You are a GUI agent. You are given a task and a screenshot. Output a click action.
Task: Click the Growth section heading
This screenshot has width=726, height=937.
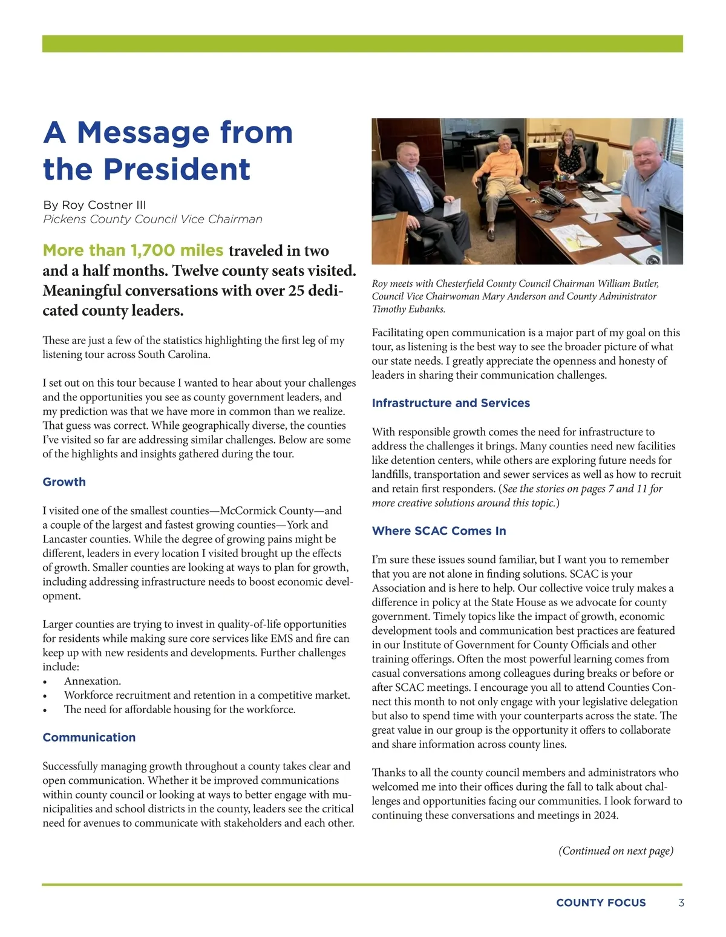[x=64, y=482]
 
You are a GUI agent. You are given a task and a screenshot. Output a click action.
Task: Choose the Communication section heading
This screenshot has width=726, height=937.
[x=89, y=737]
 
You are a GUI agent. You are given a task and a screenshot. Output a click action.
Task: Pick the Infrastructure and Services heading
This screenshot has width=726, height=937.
[x=451, y=403]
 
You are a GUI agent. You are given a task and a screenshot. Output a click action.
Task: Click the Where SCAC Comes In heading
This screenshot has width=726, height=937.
[x=439, y=531]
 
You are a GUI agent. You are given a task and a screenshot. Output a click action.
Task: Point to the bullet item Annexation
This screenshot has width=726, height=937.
[x=93, y=681]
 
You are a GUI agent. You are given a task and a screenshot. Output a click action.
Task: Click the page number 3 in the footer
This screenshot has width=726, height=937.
[x=681, y=903]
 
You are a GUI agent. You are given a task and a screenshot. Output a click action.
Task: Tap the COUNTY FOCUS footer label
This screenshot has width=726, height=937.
[x=601, y=903]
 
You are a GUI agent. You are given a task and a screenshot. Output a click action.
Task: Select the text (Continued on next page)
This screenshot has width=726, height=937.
[x=615, y=850]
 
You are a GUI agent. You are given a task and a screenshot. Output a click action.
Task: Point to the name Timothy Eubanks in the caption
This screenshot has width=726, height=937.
[x=408, y=309]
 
